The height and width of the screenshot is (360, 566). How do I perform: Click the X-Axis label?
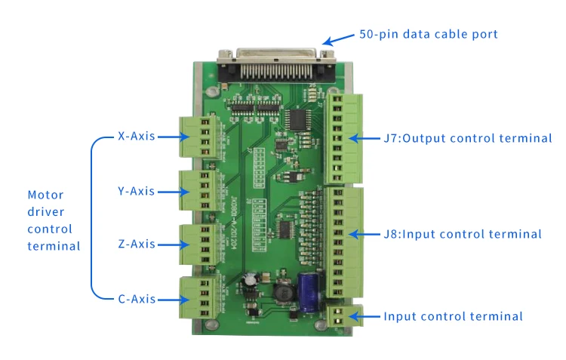[x=136, y=137]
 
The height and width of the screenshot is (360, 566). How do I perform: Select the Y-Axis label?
[x=136, y=191]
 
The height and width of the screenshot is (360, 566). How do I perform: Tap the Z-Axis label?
[x=137, y=244]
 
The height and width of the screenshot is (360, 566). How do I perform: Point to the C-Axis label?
[x=137, y=299]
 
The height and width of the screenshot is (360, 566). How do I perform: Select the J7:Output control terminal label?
[x=468, y=138]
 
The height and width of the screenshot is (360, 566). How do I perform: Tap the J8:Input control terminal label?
[x=463, y=234]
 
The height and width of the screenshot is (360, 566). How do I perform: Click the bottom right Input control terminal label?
[x=453, y=317]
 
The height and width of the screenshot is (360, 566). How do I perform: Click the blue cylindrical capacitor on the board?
[x=310, y=291]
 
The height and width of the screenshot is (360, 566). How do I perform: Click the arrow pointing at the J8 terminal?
[x=364, y=234]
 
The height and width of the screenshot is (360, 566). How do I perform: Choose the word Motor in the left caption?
[x=45, y=195]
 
